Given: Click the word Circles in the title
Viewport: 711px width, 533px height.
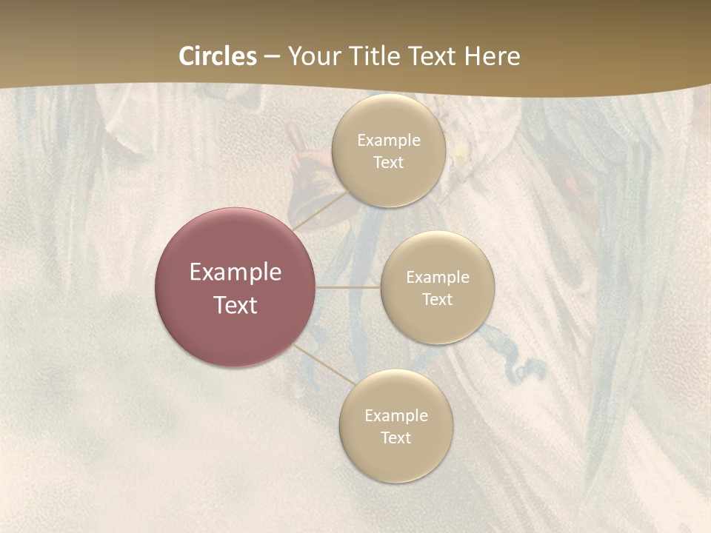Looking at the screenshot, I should click(217, 56).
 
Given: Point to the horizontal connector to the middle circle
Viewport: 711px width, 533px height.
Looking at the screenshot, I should click(347, 287).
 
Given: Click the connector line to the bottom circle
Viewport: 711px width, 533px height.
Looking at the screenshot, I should click(324, 364).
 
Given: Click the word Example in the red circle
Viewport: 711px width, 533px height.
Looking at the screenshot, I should click(236, 272).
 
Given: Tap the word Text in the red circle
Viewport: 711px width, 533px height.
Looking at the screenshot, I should click(236, 305).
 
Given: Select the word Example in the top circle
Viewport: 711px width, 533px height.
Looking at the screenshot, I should click(389, 140).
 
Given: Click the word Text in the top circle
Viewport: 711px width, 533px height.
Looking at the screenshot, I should click(388, 162).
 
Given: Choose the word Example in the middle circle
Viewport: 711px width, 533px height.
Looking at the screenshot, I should click(438, 277).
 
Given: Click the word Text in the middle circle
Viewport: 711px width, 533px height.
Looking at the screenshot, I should click(437, 299).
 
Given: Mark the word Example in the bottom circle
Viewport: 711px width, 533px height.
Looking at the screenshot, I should click(396, 415).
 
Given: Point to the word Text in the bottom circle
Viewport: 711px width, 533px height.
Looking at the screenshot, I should click(395, 438).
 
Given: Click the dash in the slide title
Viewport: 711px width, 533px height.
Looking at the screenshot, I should click(271, 56).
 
